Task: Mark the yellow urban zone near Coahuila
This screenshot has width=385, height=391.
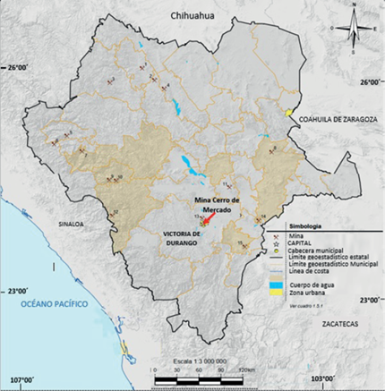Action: tap(287, 113)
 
